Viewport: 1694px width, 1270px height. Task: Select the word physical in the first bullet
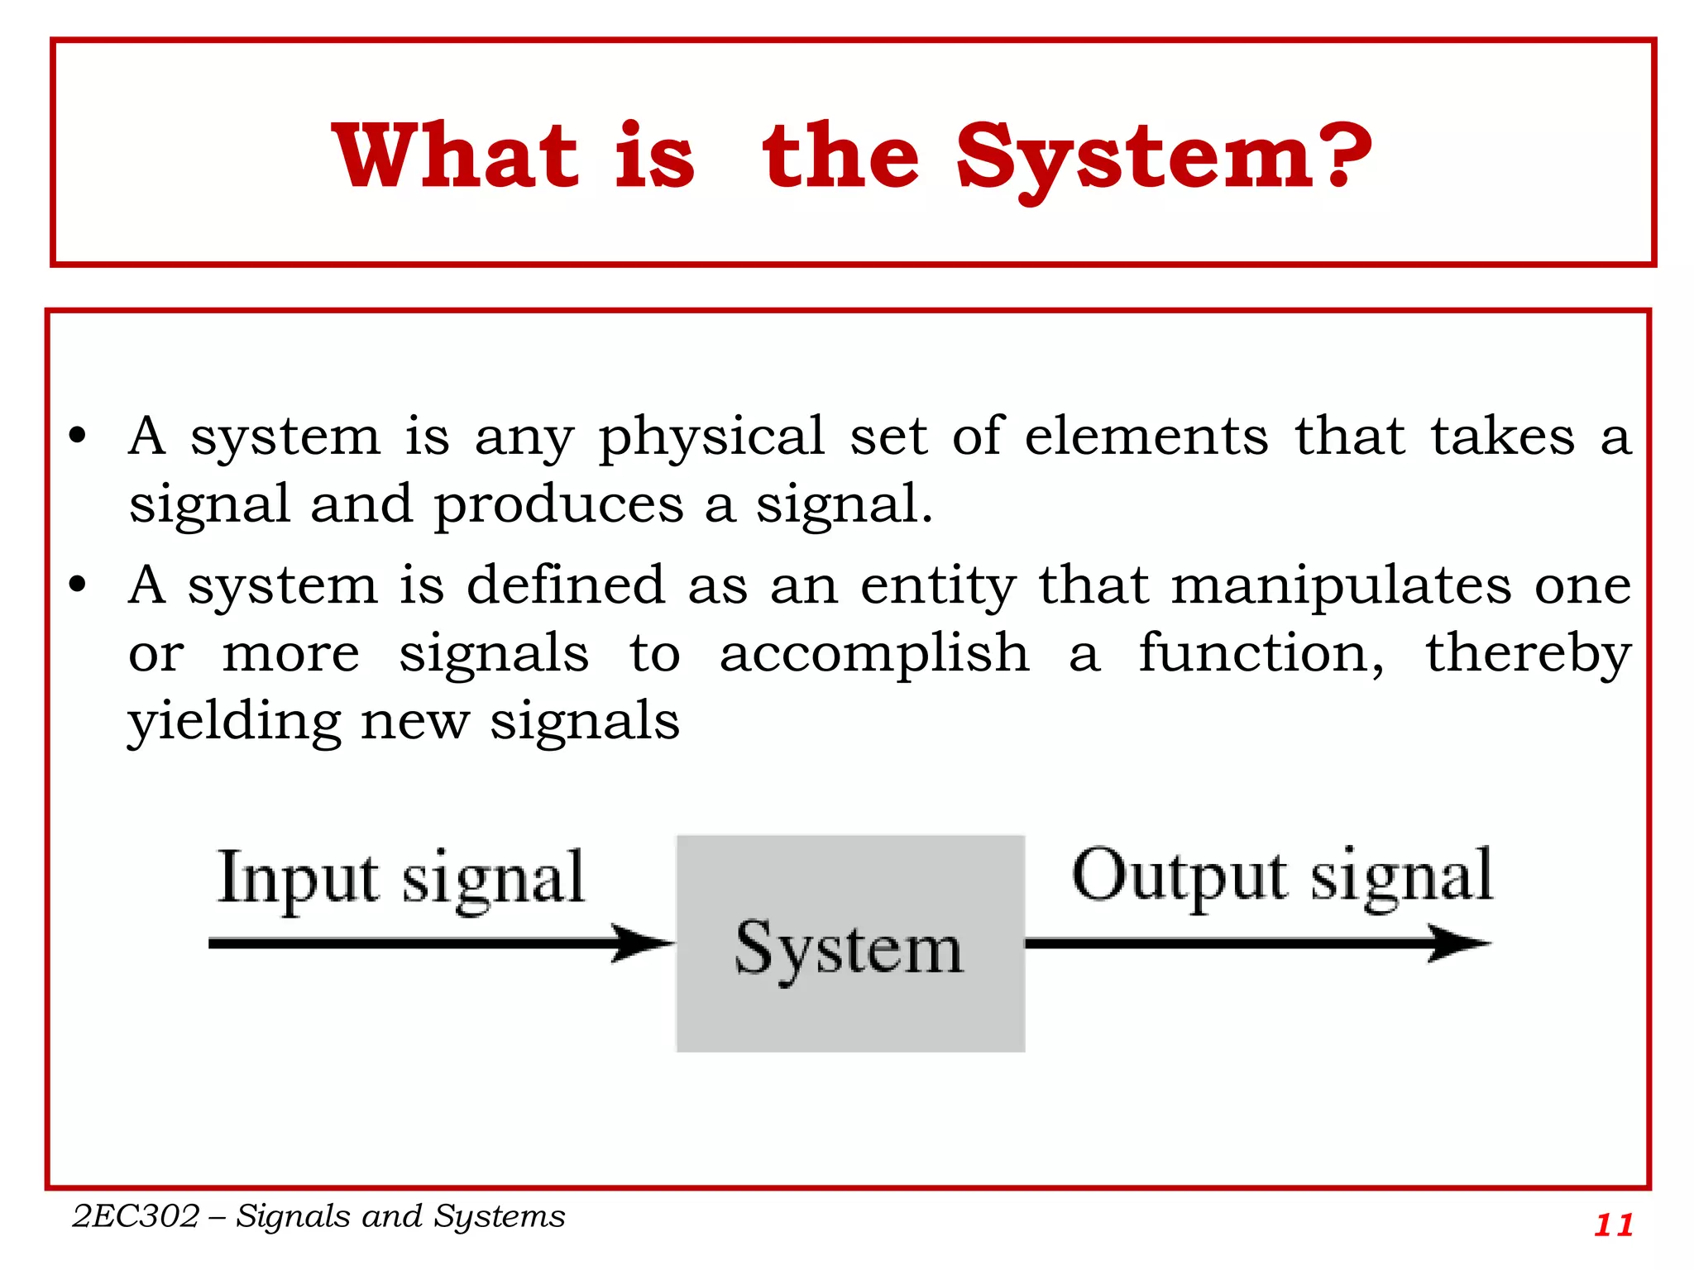711,438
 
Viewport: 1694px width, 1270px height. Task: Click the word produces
559,506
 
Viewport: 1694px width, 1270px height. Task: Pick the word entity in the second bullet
938,587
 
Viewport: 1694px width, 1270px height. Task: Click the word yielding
234,723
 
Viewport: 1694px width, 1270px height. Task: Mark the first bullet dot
78,436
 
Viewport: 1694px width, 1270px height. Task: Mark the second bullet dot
78,585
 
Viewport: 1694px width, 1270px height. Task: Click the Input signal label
401,878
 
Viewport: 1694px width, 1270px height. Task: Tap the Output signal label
1282,876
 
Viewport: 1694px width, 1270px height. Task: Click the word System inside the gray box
849,949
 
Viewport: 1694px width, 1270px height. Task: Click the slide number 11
1614,1225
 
